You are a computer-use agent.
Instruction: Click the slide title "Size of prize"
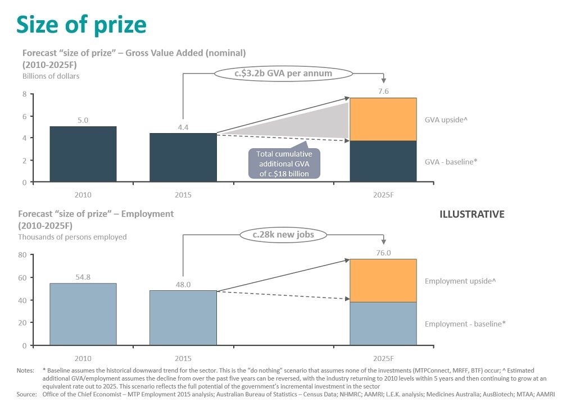coord(81,25)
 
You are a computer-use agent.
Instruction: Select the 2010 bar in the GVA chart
coord(83,154)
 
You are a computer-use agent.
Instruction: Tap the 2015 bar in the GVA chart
coord(183,157)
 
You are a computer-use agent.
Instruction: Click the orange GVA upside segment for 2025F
coord(383,119)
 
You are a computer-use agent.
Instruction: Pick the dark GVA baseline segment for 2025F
coord(383,161)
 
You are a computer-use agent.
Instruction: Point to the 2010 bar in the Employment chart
coord(83,314)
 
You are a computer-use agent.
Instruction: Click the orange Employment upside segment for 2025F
coord(383,280)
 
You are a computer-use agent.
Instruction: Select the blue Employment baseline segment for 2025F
coord(383,323)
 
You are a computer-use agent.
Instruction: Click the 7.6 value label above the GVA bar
coord(383,90)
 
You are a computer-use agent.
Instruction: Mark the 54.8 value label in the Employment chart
coord(83,276)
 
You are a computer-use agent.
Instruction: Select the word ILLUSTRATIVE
coord(472,214)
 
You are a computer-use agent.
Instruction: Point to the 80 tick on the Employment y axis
coord(22,254)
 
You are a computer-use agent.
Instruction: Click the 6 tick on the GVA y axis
coord(24,116)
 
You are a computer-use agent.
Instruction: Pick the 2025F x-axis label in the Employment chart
coord(383,358)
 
